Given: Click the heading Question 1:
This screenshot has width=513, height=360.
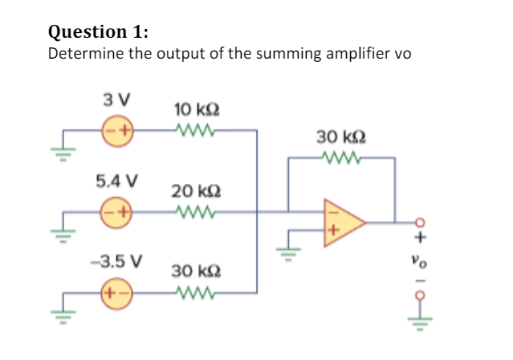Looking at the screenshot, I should (99, 31).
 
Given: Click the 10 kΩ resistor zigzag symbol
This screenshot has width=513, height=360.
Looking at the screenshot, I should (196, 129).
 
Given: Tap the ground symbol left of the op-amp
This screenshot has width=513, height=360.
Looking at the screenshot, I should (283, 256).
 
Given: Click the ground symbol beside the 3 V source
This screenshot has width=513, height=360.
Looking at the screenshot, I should (68, 149).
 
